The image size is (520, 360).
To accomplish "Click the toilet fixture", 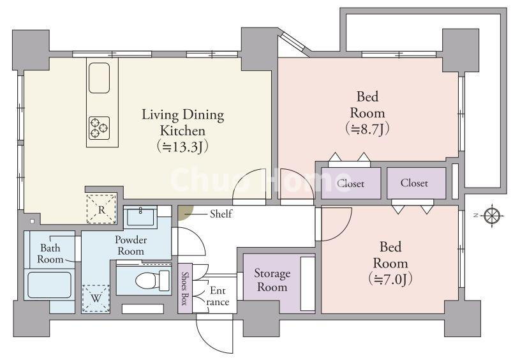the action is [153, 280].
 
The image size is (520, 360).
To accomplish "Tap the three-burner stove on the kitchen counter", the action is [99, 128].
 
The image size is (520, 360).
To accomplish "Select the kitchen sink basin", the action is [99, 78].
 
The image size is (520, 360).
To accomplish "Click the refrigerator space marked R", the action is [101, 209].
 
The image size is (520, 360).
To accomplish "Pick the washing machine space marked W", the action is [96, 298].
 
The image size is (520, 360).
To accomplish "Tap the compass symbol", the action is [492, 216].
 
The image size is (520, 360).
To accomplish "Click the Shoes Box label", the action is [184, 288].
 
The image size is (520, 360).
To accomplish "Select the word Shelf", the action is [221, 214].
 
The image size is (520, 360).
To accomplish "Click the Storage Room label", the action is [272, 280].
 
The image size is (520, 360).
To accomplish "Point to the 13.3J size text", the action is [182, 147].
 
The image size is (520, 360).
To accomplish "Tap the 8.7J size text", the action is [367, 129].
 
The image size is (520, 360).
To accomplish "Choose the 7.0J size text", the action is [390, 280].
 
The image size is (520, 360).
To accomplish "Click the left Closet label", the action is [350, 183].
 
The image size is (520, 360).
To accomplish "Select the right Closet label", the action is [414, 183].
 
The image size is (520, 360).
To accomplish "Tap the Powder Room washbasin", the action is [140, 216].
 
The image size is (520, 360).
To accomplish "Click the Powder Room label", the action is [131, 245].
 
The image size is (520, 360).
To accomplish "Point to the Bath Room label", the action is [50, 253].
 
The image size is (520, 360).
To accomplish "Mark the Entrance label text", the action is [218, 296].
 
